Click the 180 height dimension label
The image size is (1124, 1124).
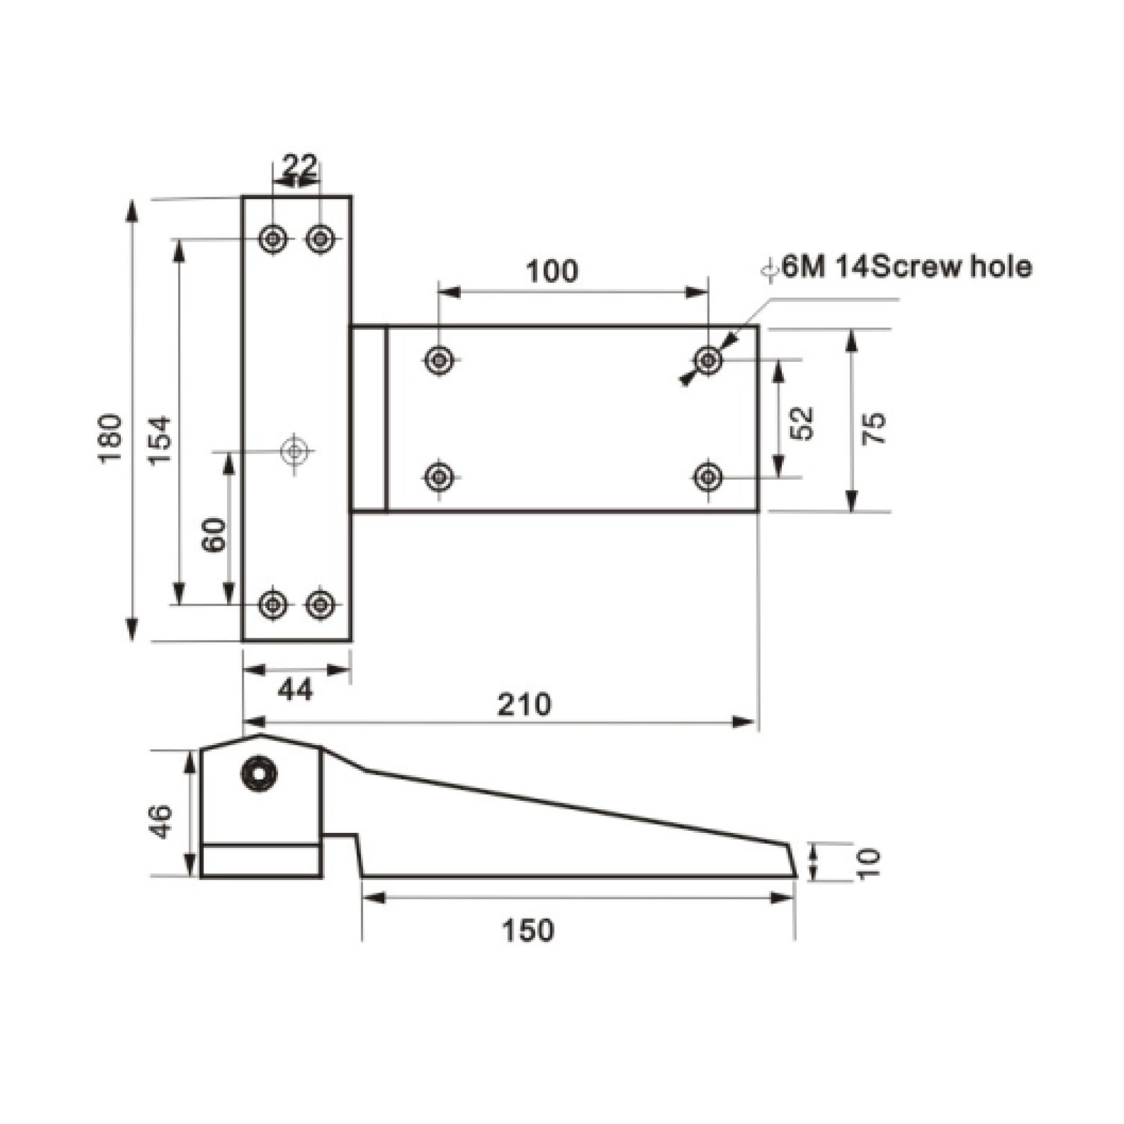[110, 438]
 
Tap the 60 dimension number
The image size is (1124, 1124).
[214, 534]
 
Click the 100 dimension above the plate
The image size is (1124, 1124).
[552, 271]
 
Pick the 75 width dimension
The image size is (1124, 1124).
[873, 428]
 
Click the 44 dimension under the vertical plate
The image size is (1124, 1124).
[295, 690]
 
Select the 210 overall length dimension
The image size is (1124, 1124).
[524, 705]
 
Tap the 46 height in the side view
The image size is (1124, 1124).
[161, 822]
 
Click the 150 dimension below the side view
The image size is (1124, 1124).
[528, 930]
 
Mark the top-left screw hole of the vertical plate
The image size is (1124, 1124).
[271, 238]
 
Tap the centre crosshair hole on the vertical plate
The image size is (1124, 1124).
[294, 451]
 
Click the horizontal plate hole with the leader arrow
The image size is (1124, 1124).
[708, 361]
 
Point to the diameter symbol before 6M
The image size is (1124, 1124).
[771, 270]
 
